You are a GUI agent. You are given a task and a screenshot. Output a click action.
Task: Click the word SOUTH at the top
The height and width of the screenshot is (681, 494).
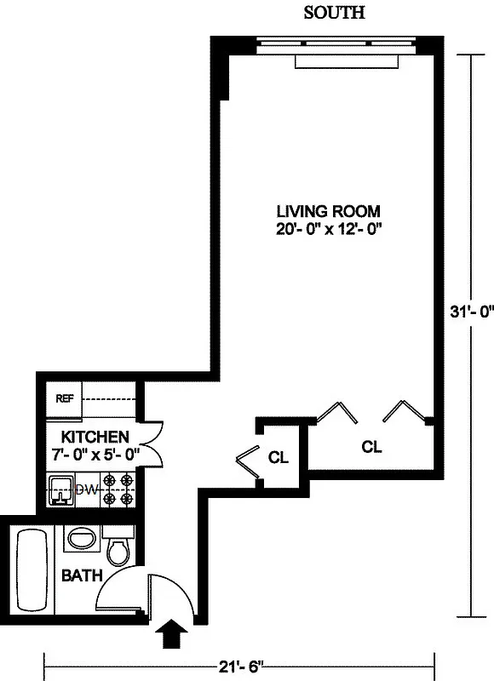[334, 13]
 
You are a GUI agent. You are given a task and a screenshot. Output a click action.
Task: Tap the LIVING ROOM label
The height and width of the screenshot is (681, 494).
[327, 211]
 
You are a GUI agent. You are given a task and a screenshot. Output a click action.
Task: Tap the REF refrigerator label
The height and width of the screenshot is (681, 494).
[64, 398]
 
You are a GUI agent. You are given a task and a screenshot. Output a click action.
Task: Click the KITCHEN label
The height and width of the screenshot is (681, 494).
[83, 436]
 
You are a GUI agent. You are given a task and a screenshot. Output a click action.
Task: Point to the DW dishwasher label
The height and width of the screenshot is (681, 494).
[86, 489]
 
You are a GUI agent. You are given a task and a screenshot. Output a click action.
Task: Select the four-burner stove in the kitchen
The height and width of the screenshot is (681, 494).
[118, 491]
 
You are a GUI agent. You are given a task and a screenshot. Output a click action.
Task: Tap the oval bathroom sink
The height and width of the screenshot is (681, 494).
[83, 539]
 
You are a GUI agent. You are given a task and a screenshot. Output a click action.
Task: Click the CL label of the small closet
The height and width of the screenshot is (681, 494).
[279, 457]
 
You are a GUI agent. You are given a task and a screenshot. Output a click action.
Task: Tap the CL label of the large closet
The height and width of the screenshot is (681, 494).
[370, 446]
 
